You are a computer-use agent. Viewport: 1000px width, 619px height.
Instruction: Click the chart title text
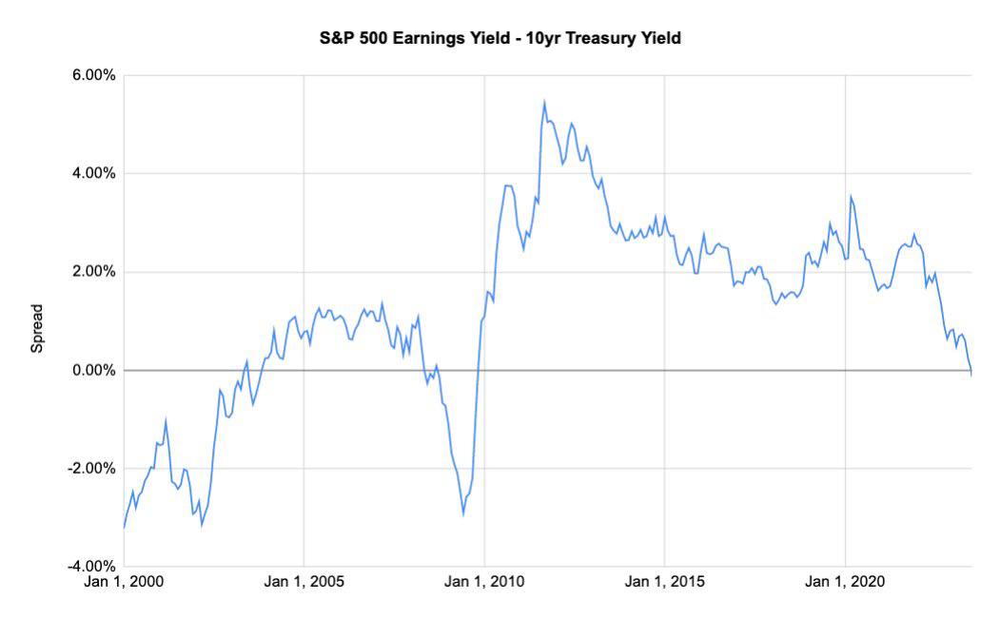(x=500, y=39)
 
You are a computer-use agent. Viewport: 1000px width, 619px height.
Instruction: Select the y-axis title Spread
(x=37, y=328)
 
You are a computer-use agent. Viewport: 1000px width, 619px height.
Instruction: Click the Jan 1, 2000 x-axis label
(x=125, y=581)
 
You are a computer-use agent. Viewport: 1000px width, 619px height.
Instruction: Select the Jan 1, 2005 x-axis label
(x=304, y=581)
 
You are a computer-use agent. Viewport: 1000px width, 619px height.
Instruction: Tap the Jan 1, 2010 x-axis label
(x=484, y=581)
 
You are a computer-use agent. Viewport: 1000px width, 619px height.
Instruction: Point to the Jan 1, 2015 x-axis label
(x=664, y=581)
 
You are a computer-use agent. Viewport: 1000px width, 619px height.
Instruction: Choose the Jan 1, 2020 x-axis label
(x=845, y=581)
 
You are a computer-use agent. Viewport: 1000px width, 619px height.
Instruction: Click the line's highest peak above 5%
(x=544, y=102)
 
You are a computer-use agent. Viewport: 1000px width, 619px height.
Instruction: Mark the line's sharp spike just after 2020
(x=851, y=197)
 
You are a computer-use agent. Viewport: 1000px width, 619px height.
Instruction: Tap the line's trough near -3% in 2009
(x=463, y=514)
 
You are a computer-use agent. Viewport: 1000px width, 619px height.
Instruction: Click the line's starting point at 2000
(x=125, y=527)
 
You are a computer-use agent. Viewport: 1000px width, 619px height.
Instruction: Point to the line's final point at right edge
(x=971, y=374)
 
